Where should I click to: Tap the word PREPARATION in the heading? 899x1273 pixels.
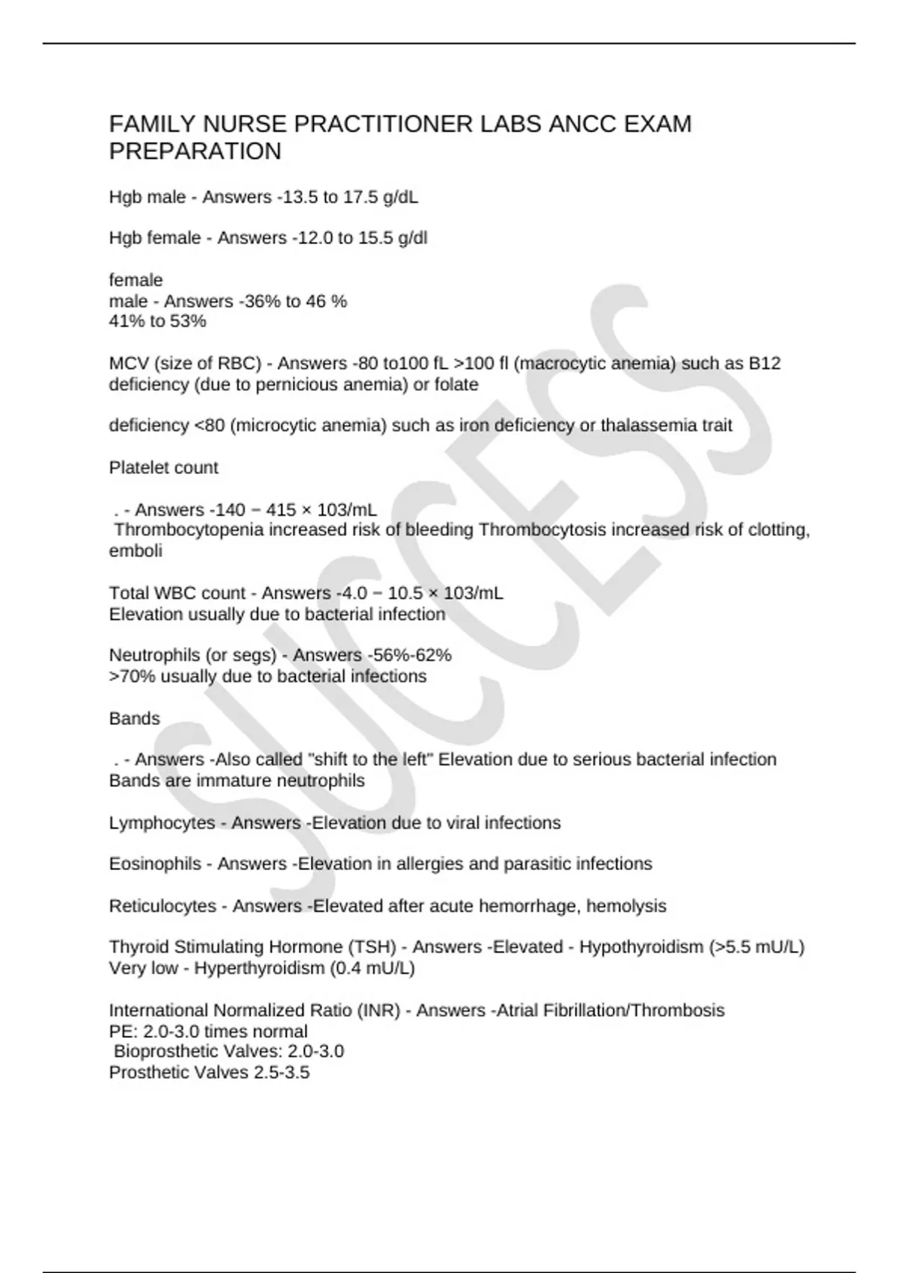pyautogui.click(x=195, y=151)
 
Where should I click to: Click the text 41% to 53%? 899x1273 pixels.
pyautogui.click(x=157, y=321)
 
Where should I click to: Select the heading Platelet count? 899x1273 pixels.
pyautogui.click(x=163, y=467)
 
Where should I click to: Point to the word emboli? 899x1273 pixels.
pyautogui.click(x=136, y=550)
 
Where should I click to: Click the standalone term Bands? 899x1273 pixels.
pyautogui.click(x=134, y=718)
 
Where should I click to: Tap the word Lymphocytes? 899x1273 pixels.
pyautogui.click(x=162, y=823)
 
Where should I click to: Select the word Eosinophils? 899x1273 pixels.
pyautogui.click(x=155, y=864)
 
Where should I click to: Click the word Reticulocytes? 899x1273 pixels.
pyautogui.click(x=163, y=906)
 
